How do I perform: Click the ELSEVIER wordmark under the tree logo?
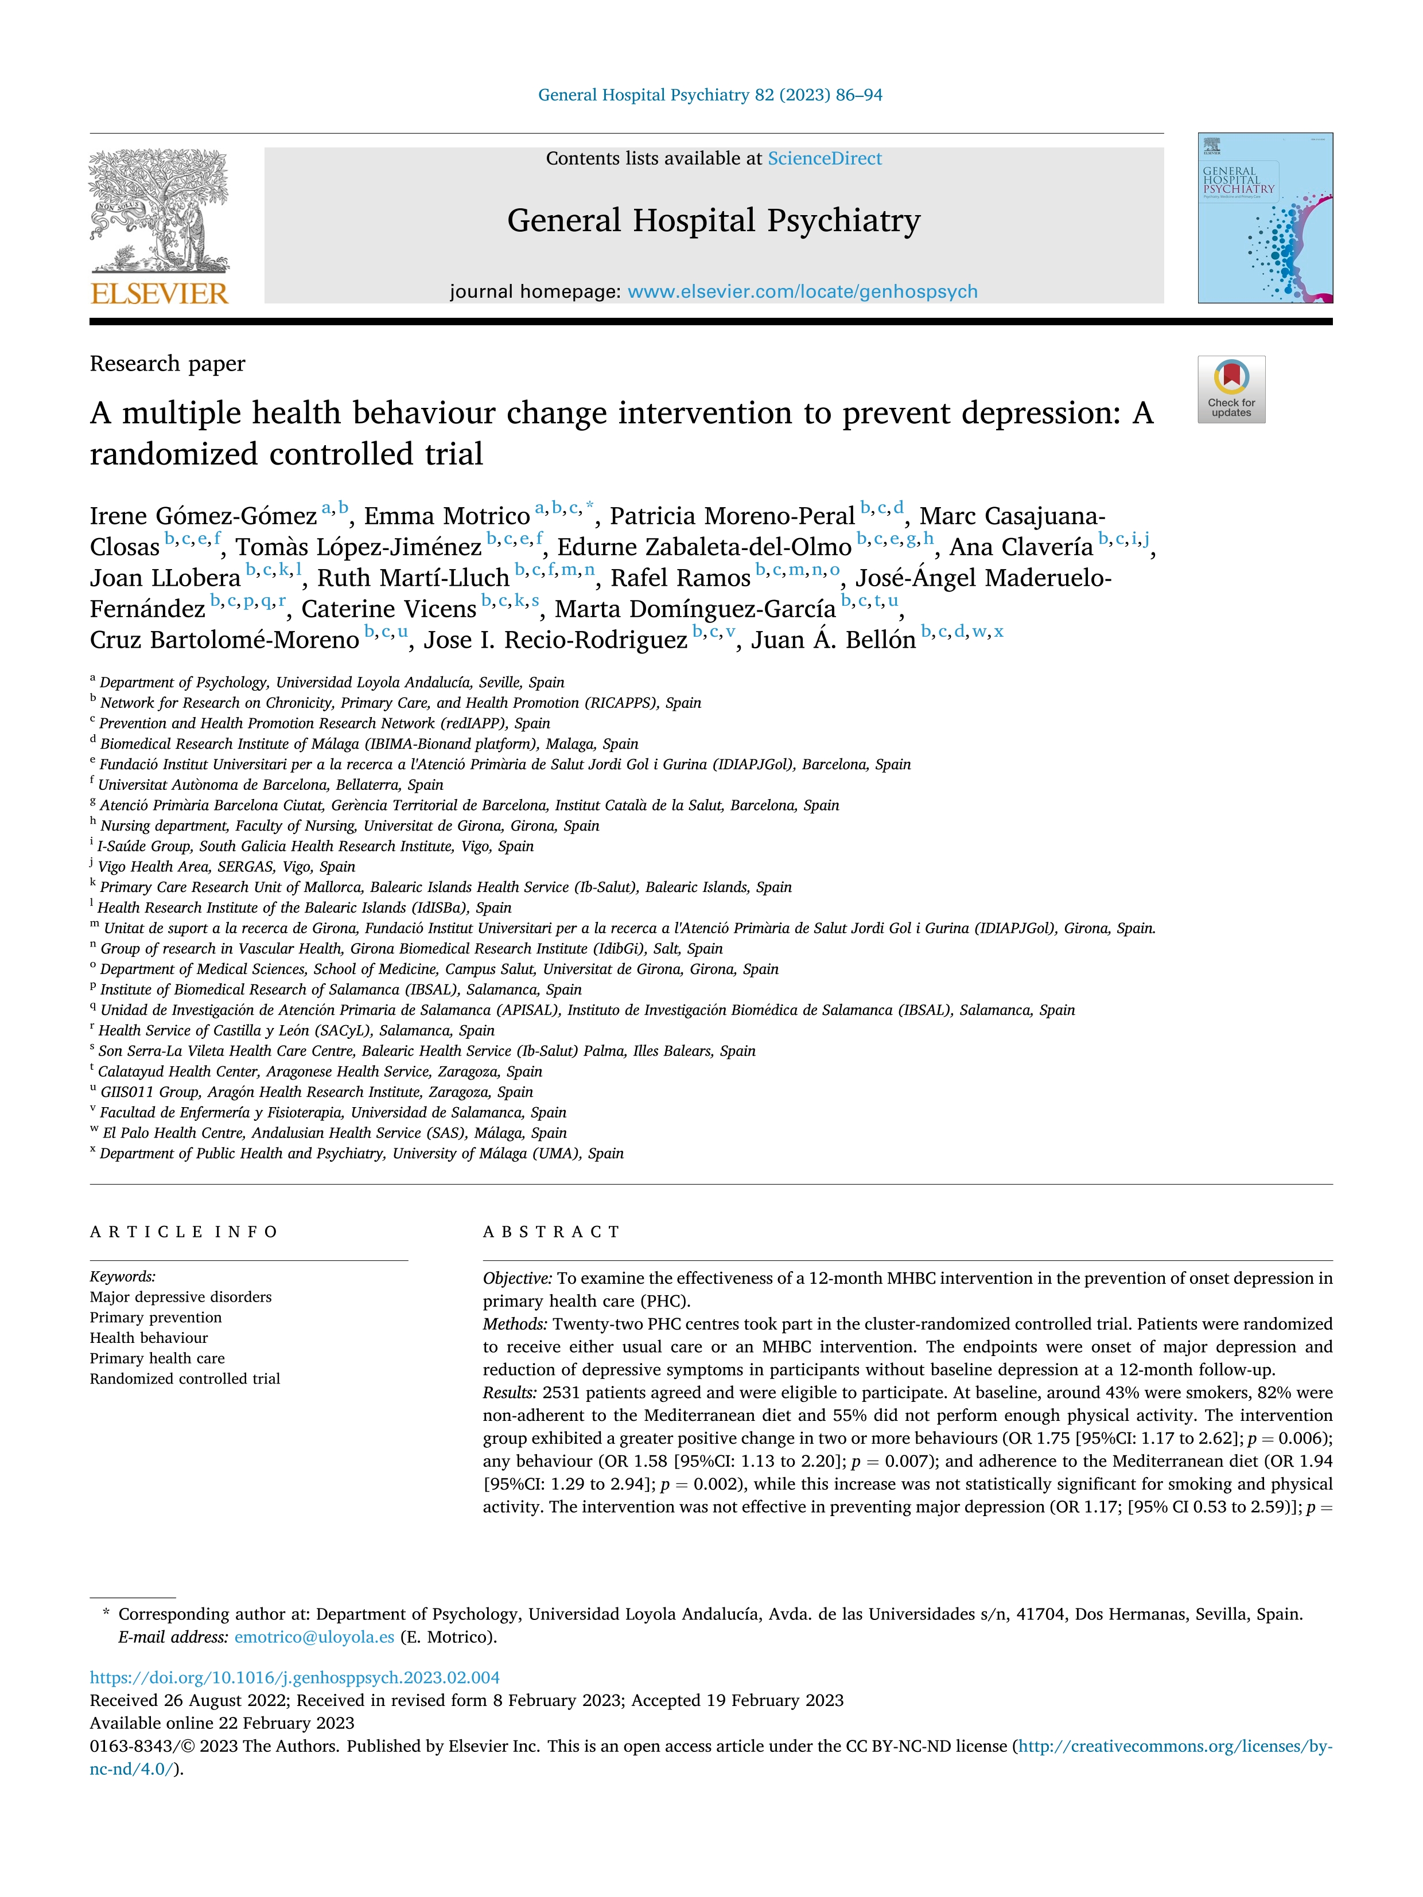click(160, 294)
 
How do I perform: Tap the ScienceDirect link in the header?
click(825, 159)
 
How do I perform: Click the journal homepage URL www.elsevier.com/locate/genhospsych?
click(802, 291)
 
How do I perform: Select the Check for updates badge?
click(1231, 389)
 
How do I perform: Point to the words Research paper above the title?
click(168, 364)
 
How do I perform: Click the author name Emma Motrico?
click(447, 516)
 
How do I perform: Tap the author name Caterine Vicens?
click(388, 609)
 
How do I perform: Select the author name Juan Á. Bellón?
click(833, 640)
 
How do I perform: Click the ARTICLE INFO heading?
click(184, 1232)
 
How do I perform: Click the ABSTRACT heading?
click(551, 1232)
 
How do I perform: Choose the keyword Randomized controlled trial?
click(184, 1378)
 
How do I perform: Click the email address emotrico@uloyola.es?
click(314, 1637)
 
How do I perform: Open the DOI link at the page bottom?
click(294, 1677)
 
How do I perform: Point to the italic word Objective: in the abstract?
click(517, 1278)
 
